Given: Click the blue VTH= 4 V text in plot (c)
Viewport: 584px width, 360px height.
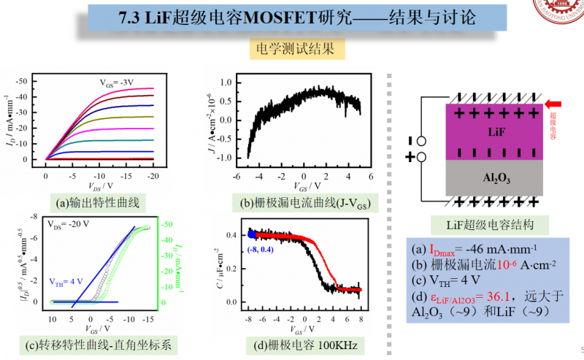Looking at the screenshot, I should coord(66,280).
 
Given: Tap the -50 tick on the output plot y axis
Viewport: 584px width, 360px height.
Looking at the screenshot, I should coord(29,80).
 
